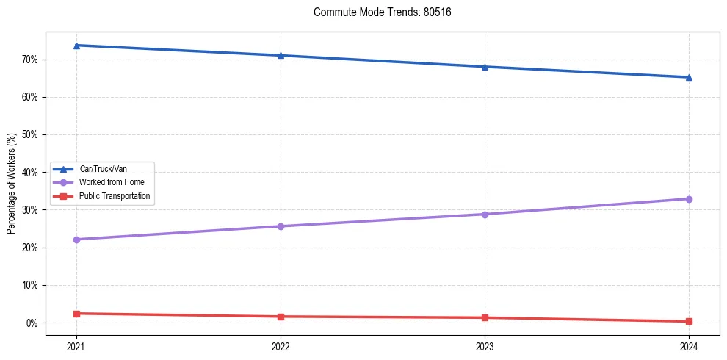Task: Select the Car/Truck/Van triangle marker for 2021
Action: coord(76,46)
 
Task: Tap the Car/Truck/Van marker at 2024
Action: coord(689,77)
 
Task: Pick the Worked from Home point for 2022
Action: coord(281,226)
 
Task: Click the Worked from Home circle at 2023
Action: coord(485,215)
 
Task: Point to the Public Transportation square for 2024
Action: coord(689,321)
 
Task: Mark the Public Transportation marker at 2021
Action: coord(76,314)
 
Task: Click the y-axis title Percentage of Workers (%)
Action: coord(12,184)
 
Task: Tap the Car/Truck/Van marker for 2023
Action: coord(485,67)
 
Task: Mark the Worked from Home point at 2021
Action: coord(76,240)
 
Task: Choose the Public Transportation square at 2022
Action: coord(281,317)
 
